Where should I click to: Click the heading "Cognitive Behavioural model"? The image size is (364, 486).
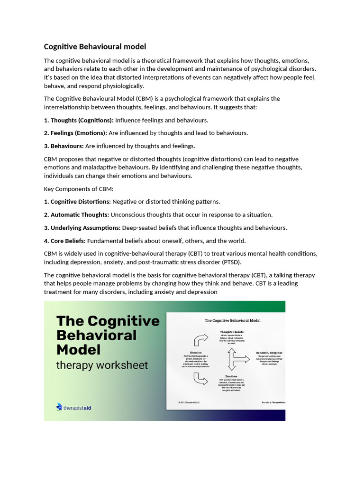pos(95,47)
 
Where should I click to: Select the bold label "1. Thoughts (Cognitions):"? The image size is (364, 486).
pos(79,120)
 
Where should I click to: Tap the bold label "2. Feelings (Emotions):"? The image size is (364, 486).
pos(75,133)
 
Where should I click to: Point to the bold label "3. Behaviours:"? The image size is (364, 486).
pos(64,146)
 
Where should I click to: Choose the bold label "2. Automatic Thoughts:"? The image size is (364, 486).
pos(76,215)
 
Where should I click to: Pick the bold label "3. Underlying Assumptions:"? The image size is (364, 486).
pos(82,228)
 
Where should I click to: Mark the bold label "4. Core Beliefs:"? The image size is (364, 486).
pos(65,241)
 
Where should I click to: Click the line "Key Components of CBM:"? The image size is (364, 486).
pos(76,189)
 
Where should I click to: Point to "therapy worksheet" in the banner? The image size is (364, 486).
pos(102,365)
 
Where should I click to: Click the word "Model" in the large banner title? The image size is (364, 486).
pos(79,350)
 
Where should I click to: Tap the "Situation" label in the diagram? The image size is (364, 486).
pos(195,353)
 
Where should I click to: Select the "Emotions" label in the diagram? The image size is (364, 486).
pos(231,376)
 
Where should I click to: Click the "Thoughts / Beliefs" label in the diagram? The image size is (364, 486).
pos(231,331)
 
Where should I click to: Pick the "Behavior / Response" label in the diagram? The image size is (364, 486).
pos(269,353)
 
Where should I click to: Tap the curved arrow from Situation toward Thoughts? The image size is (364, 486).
pos(199,340)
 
